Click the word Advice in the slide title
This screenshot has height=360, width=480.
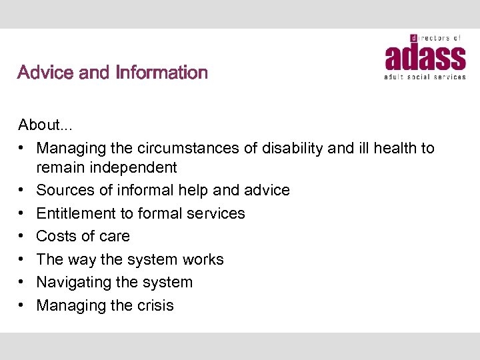pos(46,72)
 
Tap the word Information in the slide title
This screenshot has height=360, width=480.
pos(162,72)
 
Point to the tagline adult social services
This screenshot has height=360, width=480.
pos(425,77)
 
